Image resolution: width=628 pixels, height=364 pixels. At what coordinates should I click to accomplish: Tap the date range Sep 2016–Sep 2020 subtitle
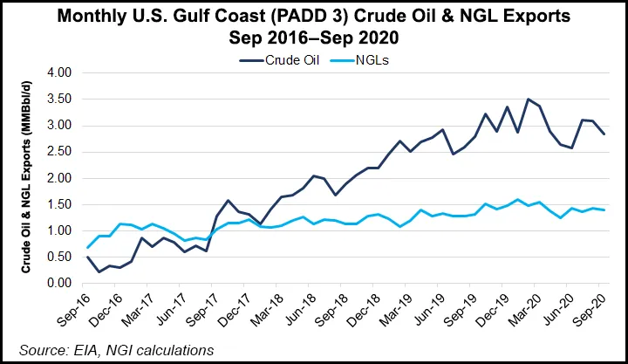pos(314,39)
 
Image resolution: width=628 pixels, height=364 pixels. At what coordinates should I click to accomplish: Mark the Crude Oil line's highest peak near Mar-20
pos(528,100)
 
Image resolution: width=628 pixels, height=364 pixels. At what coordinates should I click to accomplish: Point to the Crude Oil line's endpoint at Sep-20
pos(604,134)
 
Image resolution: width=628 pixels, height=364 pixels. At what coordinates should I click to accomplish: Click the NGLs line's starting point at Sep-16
pos(87,247)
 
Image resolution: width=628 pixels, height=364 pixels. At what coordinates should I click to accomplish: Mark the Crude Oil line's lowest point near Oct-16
pos(99,272)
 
